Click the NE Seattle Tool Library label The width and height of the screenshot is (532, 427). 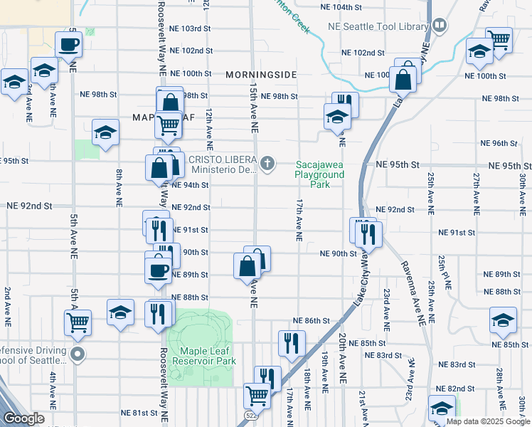376,26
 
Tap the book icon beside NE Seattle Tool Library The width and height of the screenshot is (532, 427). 440,26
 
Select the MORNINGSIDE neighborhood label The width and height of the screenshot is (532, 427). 260,75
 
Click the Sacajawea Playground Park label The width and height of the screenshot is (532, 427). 320,174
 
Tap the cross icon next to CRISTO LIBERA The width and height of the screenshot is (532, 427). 267,164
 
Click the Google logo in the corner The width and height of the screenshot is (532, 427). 23,418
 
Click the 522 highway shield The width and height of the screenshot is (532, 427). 252,415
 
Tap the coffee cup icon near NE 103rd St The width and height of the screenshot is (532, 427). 68,45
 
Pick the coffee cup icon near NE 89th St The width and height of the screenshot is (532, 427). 159,270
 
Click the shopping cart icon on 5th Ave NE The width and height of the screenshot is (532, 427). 78,322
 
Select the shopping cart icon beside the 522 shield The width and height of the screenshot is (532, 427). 256,394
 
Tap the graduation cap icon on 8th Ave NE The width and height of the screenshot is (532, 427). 105,132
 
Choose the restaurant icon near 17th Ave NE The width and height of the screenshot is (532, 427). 291,344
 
